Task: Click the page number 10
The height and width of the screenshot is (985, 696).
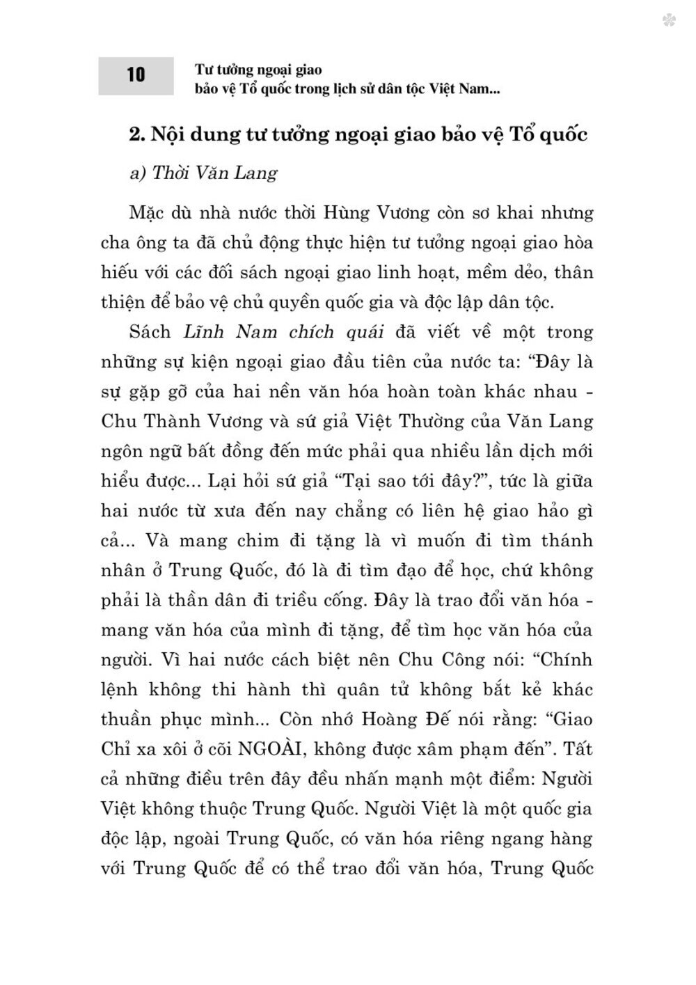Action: tap(136, 74)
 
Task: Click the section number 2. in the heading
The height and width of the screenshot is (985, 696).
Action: tap(137, 134)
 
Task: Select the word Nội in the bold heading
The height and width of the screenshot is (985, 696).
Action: tap(173, 134)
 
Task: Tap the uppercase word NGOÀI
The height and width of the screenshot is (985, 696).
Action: tap(273, 749)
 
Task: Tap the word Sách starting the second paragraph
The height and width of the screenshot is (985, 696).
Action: tap(150, 331)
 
